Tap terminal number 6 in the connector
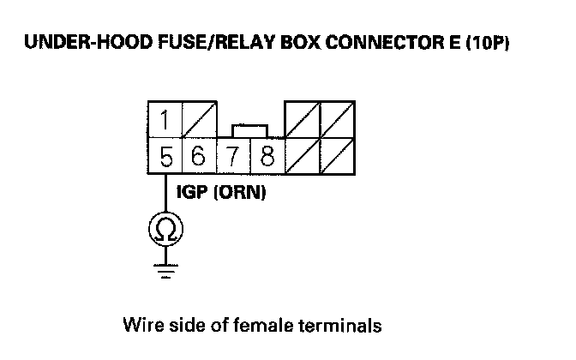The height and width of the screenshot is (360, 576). pyautogui.click(x=198, y=157)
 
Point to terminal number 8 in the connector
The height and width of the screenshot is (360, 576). pyautogui.click(x=267, y=157)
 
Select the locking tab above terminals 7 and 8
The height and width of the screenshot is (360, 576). pyautogui.click(x=249, y=130)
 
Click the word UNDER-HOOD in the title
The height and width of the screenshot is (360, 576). pyautogui.click(x=75, y=43)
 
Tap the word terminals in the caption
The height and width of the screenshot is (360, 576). pyautogui.click(x=340, y=326)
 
